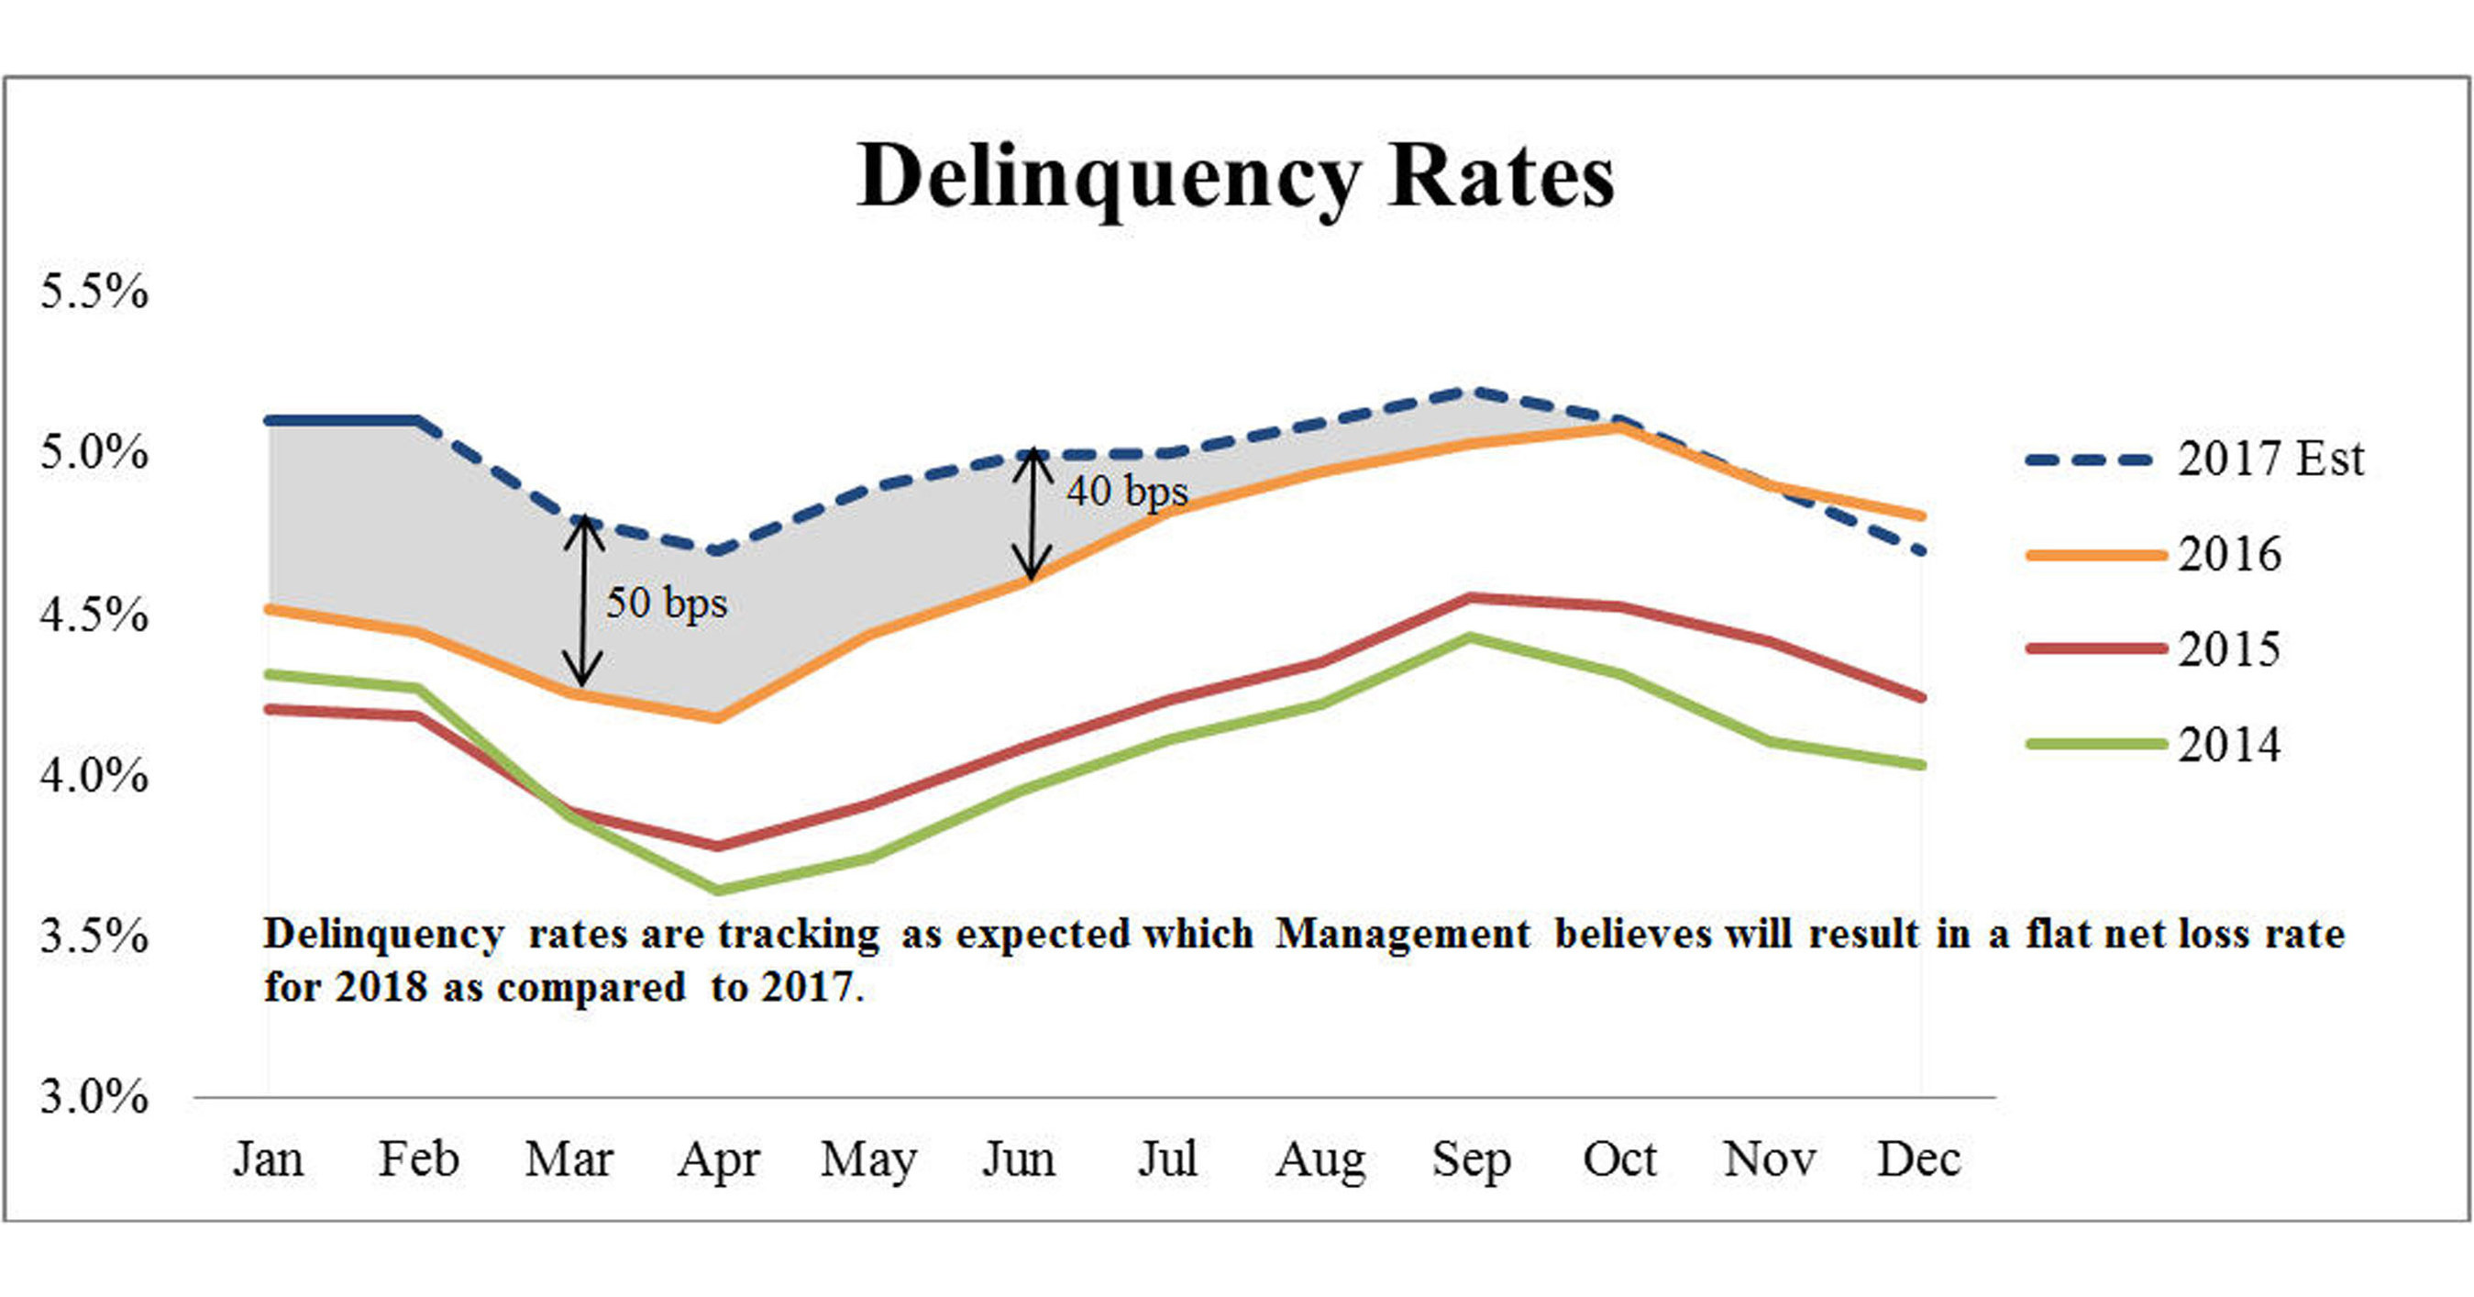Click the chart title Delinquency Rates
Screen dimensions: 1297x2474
[x=1236, y=177]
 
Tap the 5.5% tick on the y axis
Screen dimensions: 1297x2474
[x=94, y=290]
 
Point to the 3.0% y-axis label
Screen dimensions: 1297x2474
[x=94, y=1096]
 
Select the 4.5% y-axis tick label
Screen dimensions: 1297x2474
[x=94, y=614]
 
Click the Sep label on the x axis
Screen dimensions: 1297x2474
[x=1471, y=1158]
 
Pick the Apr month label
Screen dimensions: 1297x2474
[x=718, y=1158]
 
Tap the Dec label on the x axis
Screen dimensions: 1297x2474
[x=1918, y=1158]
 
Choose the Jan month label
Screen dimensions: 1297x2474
[x=268, y=1158]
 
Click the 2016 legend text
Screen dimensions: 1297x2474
[x=2228, y=554]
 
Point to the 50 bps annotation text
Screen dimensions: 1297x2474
[x=667, y=603]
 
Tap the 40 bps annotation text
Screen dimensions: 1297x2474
[x=1127, y=491]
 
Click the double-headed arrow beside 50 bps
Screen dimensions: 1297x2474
[x=583, y=603]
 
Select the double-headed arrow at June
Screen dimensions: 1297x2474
[x=1033, y=514]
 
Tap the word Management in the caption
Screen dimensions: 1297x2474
[x=1402, y=934]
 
